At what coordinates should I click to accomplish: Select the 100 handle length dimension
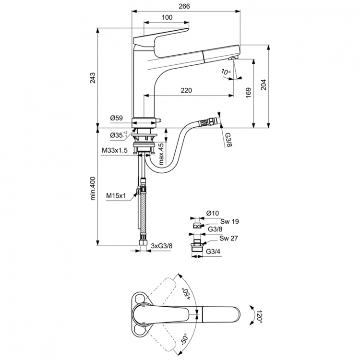pyautogui.click(x=167, y=18)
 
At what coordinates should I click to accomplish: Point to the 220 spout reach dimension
pyautogui.click(x=187, y=90)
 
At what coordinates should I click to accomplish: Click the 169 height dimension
pyautogui.click(x=248, y=92)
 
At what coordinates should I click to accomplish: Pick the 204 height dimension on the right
pyautogui.click(x=264, y=84)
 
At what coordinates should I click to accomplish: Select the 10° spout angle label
pyautogui.click(x=226, y=72)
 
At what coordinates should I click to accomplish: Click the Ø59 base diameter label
pyautogui.click(x=117, y=118)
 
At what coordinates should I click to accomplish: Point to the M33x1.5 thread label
pyautogui.click(x=114, y=151)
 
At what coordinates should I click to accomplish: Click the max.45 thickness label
pyautogui.click(x=162, y=153)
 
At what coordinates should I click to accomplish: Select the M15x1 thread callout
pyautogui.click(x=116, y=195)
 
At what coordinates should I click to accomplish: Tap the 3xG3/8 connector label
pyautogui.click(x=162, y=246)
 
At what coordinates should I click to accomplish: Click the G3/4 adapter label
pyautogui.click(x=214, y=252)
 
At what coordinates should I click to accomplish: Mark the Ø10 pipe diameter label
pyautogui.click(x=213, y=213)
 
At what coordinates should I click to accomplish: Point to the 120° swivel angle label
pyautogui.click(x=260, y=316)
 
